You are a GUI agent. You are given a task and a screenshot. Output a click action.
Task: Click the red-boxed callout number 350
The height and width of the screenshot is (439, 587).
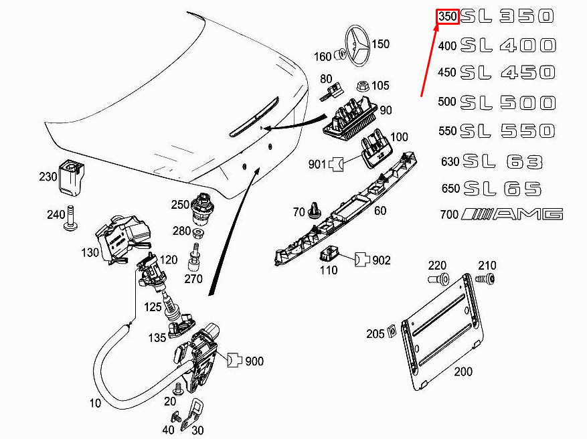pos(448,17)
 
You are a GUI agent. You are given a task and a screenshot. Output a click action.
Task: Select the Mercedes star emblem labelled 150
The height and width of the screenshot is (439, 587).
pos(357,46)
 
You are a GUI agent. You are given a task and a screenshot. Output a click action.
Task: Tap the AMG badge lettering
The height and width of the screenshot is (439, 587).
pos(512,214)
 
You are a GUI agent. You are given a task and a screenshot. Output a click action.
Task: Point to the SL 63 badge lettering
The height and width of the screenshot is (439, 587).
pos(503,162)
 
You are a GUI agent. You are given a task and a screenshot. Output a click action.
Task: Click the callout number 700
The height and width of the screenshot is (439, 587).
pos(449,215)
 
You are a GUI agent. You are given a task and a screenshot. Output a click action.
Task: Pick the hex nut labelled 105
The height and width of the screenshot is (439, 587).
pos(363,86)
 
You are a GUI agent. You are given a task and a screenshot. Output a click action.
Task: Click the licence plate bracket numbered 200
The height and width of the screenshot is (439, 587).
pos(442,332)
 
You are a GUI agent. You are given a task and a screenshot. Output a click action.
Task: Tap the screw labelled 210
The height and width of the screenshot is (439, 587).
pos(485,279)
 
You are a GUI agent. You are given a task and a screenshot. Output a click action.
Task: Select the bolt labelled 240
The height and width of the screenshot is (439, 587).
pos(70,217)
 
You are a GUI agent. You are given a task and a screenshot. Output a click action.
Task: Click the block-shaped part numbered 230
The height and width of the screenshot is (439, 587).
pos(72,177)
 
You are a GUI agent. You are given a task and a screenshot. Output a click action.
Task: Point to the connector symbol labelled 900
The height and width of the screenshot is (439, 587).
pos(234,359)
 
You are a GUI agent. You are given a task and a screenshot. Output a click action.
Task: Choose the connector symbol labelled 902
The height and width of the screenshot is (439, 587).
pos(361,259)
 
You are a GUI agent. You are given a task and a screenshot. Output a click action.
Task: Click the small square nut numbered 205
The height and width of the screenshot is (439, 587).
pos(391,331)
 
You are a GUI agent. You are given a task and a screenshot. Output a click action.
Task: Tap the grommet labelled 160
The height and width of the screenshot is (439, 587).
pos(339,55)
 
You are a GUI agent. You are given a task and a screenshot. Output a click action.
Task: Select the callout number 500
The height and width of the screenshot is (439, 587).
pos(447,102)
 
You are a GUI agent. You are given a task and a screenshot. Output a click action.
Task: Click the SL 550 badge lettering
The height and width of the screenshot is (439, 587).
pos(507,131)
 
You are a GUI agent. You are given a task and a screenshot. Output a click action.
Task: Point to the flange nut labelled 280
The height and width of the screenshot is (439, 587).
pos(198,234)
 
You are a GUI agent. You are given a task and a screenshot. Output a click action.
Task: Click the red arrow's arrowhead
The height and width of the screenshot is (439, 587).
pos(436,29)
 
